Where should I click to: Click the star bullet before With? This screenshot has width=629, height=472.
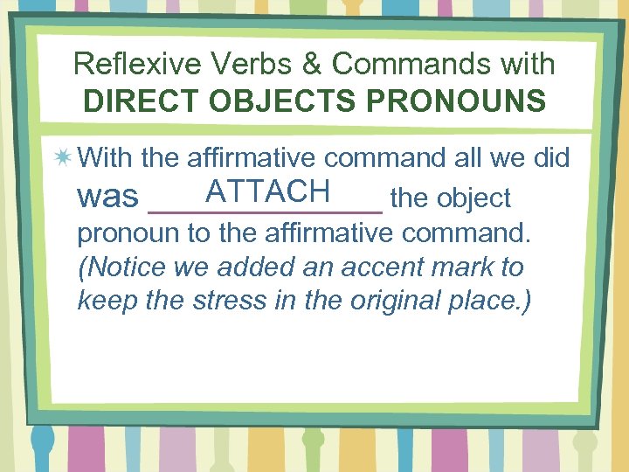coord(62,158)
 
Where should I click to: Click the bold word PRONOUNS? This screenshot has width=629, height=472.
coord(456,101)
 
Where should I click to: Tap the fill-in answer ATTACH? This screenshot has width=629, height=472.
coord(266,190)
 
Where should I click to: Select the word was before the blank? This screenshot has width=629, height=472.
coord(108,198)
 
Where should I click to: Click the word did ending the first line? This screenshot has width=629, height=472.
coord(550,158)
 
